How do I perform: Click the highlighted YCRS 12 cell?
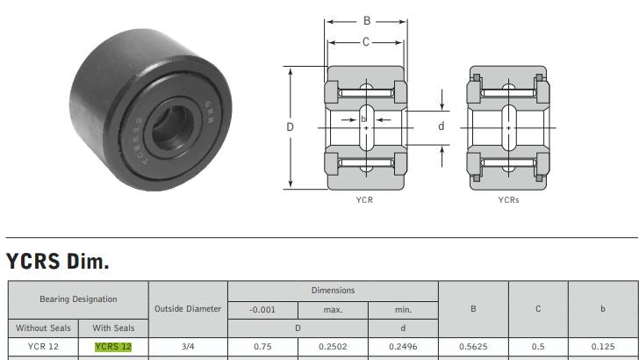(x=113, y=347)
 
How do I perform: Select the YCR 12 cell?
(x=43, y=347)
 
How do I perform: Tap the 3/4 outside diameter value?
(x=188, y=347)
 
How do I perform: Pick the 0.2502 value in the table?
(x=333, y=347)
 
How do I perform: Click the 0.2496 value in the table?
(x=403, y=347)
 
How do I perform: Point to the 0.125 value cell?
(x=602, y=347)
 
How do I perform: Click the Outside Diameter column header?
(x=188, y=308)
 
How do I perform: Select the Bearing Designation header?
(x=77, y=299)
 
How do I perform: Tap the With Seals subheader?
(x=113, y=328)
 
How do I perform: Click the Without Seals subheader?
(x=43, y=328)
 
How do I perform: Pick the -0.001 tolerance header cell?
(x=262, y=309)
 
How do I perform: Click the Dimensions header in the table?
(x=333, y=290)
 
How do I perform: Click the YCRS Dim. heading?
(x=57, y=261)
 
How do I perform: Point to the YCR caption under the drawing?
(x=366, y=200)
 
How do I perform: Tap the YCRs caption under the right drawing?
(x=508, y=200)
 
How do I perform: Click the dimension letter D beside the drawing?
(x=290, y=127)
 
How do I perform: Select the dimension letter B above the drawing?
(x=366, y=20)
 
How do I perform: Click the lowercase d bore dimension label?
(x=442, y=126)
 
